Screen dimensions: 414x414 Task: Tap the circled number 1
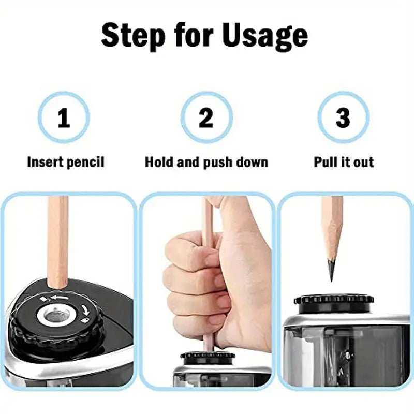point(64,118)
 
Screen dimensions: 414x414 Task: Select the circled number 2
point(206,118)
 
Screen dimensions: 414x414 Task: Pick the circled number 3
point(343,118)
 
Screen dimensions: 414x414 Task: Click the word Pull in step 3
point(326,162)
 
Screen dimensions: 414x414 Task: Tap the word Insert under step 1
point(45,162)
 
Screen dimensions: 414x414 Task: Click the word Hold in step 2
point(159,162)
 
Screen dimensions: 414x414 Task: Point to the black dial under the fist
point(208,357)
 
